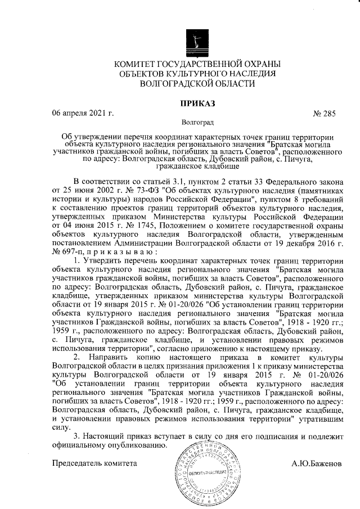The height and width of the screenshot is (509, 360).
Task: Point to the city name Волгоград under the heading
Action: pos(197,122)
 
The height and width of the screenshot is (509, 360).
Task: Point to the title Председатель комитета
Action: pos(94,463)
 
